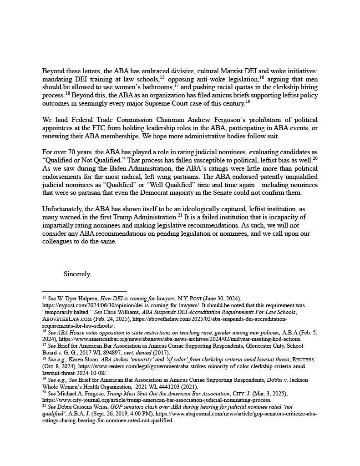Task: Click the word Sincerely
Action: [77, 274]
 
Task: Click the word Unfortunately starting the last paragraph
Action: [61, 209]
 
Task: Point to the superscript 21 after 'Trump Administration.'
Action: [180, 215]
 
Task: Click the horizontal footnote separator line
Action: [84, 291]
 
